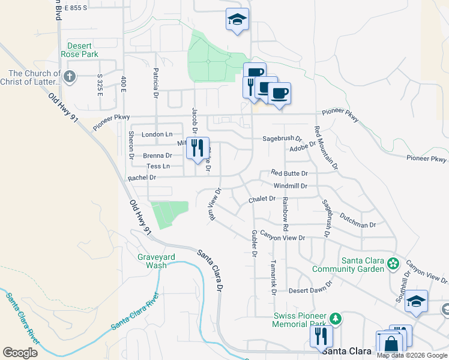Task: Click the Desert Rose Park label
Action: [x=83, y=50]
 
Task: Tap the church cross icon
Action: [x=70, y=76]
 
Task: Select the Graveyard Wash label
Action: [x=152, y=261]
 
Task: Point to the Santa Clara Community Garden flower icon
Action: [x=393, y=263]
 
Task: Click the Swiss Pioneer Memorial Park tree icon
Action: [x=336, y=317]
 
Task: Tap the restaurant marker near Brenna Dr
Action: [x=197, y=148]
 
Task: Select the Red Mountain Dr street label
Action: [x=325, y=147]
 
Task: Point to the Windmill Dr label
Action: [x=290, y=186]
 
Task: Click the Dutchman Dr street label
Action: [x=357, y=220]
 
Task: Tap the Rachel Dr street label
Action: [x=142, y=178]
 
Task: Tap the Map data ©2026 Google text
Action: [x=412, y=355]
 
